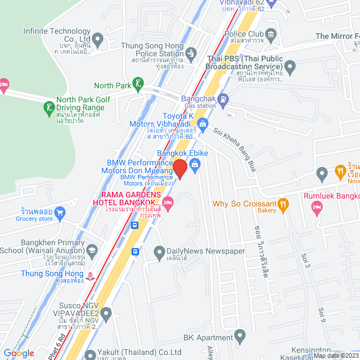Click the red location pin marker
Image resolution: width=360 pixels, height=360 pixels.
pyautogui.click(x=179, y=169)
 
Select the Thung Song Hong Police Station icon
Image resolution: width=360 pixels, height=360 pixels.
pyautogui.click(x=191, y=54)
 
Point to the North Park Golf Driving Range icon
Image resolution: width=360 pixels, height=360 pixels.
pyautogui.click(x=49, y=106)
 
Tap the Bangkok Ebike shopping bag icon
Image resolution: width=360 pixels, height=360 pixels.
pyautogui.click(x=195, y=164)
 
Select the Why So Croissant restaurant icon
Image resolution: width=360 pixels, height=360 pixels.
pyautogui.click(x=283, y=203)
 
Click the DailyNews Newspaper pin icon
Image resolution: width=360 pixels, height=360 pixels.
pyautogui.click(x=159, y=251)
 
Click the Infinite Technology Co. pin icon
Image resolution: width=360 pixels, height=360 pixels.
pyautogui.click(x=97, y=40)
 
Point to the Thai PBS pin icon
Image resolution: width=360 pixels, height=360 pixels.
pyautogui.click(x=290, y=69)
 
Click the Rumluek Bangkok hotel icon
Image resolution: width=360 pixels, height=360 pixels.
pyautogui.click(x=316, y=207)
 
